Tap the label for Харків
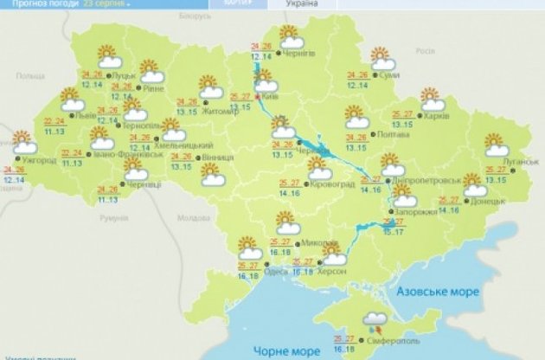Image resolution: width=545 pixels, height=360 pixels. click(x=437, y=114)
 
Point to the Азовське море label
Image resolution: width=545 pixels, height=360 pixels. click(x=438, y=292)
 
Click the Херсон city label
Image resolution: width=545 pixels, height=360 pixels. click(x=334, y=271)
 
